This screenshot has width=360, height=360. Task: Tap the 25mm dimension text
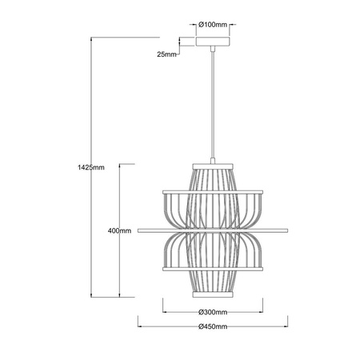click(166, 54)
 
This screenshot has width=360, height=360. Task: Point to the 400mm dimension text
click(118, 230)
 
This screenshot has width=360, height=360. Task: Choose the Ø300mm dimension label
click(214, 312)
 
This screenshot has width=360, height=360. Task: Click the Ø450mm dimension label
click(214, 327)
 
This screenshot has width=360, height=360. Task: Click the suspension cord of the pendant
click(214, 104)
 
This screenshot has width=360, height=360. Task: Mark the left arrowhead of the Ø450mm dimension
click(140, 327)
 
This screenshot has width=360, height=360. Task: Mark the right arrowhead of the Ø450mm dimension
click(287, 327)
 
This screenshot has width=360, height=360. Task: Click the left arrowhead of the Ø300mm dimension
click(164, 312)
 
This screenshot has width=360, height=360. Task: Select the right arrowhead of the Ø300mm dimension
click(263, 312)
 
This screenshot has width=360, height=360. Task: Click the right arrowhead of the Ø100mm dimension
click(229, 26)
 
